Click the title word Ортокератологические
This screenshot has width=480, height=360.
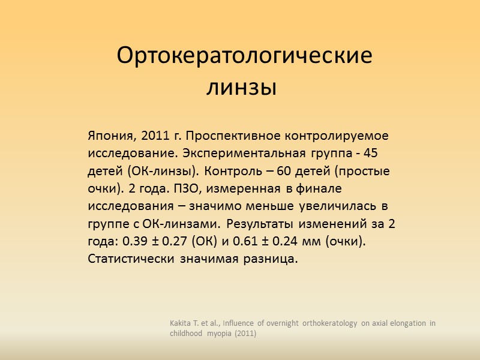click(x=244, y=56)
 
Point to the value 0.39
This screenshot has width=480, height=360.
click(x=135, y=242)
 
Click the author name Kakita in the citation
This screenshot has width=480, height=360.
click(x=181, y=323)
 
